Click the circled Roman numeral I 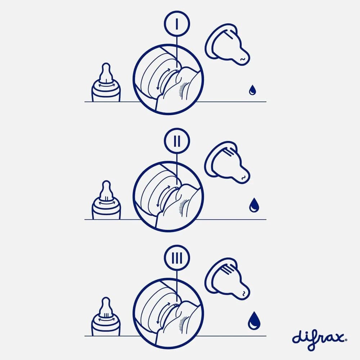point(177,24)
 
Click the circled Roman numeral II point(177,141)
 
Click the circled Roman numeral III point(177,258)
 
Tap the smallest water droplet point(252,90)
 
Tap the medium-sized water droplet point(254,205)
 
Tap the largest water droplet point(254,320)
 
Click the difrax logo point(319,339)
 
